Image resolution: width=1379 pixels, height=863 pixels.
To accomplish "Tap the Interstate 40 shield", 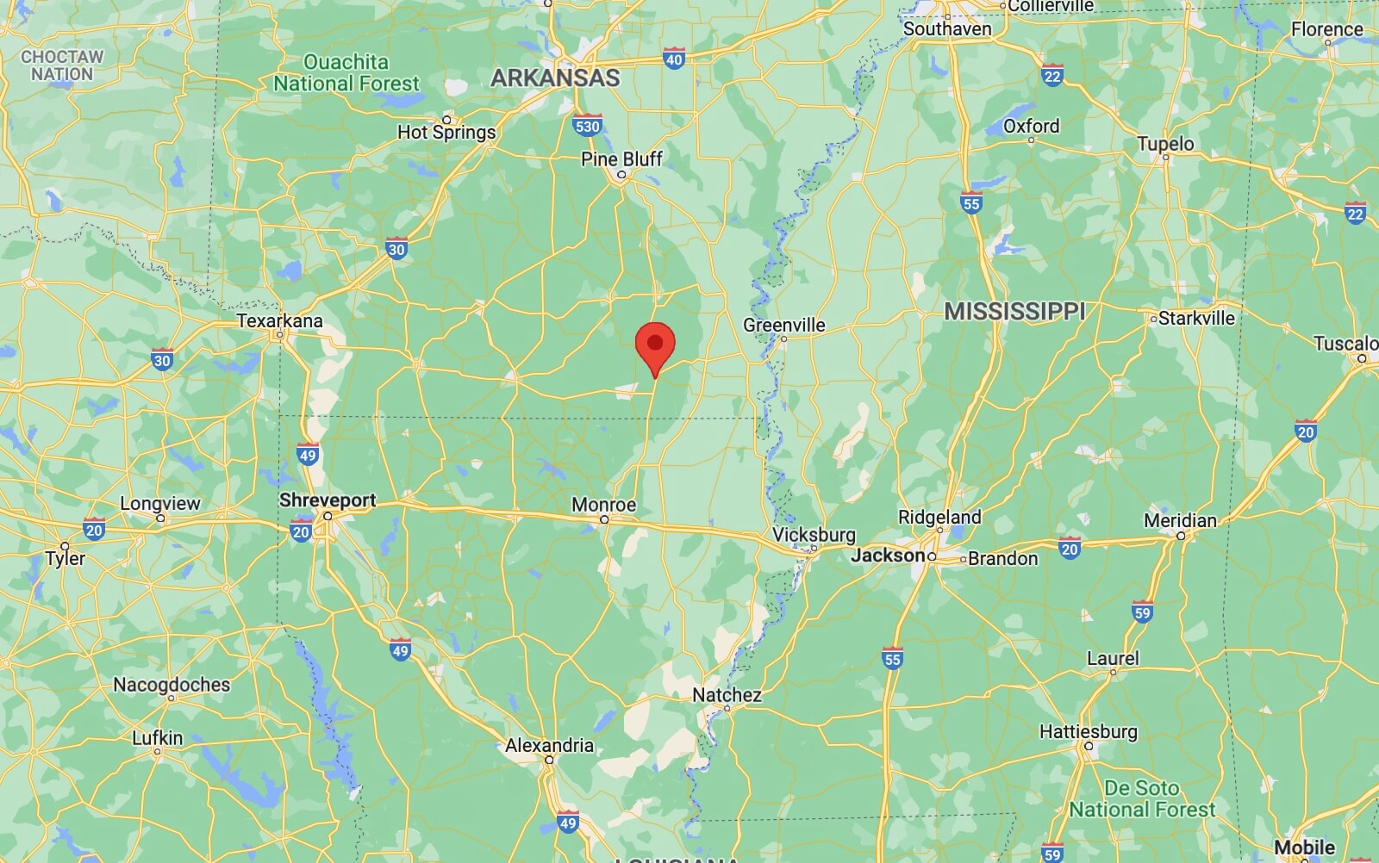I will [x=674, y=59].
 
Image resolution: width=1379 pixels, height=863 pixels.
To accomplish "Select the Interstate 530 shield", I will [x=587, y=126].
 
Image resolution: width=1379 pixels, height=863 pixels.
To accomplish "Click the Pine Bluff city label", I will [x=621, y=159].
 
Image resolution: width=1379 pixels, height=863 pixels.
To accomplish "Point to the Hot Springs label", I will [x=446, y=132].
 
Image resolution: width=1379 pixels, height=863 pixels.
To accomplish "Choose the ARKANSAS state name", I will [x=555, y=78].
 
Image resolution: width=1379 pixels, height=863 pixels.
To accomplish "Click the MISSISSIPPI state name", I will [x=1014, y=311].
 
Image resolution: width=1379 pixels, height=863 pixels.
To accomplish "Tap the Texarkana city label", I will [x=279, y=321].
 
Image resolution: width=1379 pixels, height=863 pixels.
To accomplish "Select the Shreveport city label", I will [x=328, y=500].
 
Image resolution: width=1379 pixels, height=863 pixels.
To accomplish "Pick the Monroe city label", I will [x=603, y=505].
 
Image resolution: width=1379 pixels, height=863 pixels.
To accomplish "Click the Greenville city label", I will [x=783, y=325].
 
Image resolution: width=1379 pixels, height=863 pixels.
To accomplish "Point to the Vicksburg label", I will [x=814, y=534].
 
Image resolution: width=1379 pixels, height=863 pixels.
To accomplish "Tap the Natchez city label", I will [x=727, y=695].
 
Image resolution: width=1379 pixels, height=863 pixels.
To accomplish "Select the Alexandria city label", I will [x=549, y=746].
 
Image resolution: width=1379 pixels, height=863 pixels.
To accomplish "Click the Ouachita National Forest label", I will [x=346, y=72].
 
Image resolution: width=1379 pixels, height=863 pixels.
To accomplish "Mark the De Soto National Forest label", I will [x=1142, y=798].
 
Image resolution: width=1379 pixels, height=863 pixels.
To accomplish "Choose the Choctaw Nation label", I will [x=62, y=65].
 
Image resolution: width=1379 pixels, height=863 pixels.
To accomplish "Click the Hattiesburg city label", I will [x=1088, y=732].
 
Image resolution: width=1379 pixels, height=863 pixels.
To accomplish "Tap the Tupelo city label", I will [x=1165, y=144].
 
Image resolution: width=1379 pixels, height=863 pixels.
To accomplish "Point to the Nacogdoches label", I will [x=172, y=685].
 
